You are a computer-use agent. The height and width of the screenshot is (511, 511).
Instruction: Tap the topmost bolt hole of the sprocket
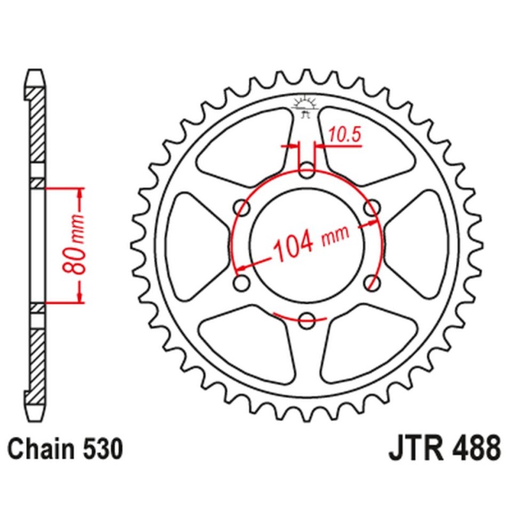click(x=307, y=171)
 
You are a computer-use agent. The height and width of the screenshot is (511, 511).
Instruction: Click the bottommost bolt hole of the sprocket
click(x=307, y=319)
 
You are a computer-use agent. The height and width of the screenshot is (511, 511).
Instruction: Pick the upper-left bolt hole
click(x=242, y=208)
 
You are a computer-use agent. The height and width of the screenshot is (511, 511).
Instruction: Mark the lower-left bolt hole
click(x=242, y=282)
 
